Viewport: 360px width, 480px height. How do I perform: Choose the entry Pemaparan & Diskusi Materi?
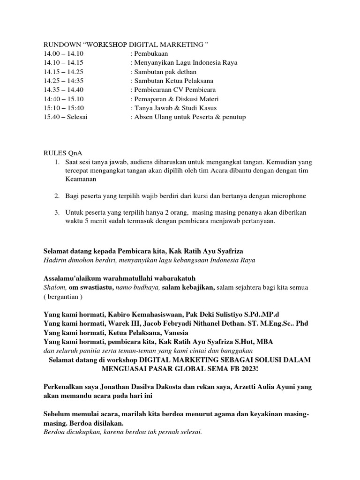click(174, 99)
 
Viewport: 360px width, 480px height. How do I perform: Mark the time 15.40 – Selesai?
click(66, 117)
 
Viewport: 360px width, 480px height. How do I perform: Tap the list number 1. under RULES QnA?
click(56, 162)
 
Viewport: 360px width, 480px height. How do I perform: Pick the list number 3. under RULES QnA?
click(56, 212)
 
